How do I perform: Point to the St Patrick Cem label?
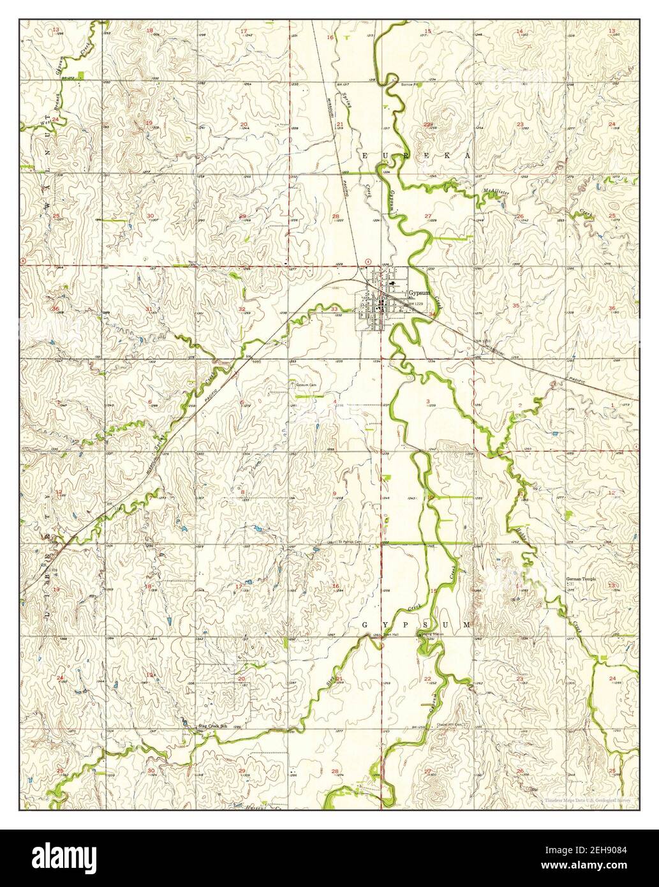(x=350, y=541)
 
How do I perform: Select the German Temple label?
(x=581, y=579)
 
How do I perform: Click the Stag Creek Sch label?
(x=211, y=726)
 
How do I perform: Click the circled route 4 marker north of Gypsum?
(x=369, y=260)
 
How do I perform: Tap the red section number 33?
(x=335, y=309)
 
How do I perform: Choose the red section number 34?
(x=433, y=314)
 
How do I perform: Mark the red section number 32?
(x=242, y=309)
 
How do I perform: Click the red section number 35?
(x=515, y=306)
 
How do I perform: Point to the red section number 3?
(x=427, y=400)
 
